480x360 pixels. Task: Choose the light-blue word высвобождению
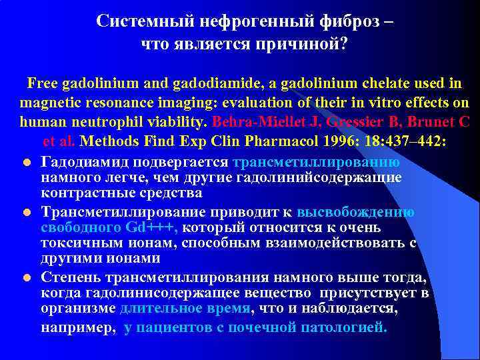[355, 212]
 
